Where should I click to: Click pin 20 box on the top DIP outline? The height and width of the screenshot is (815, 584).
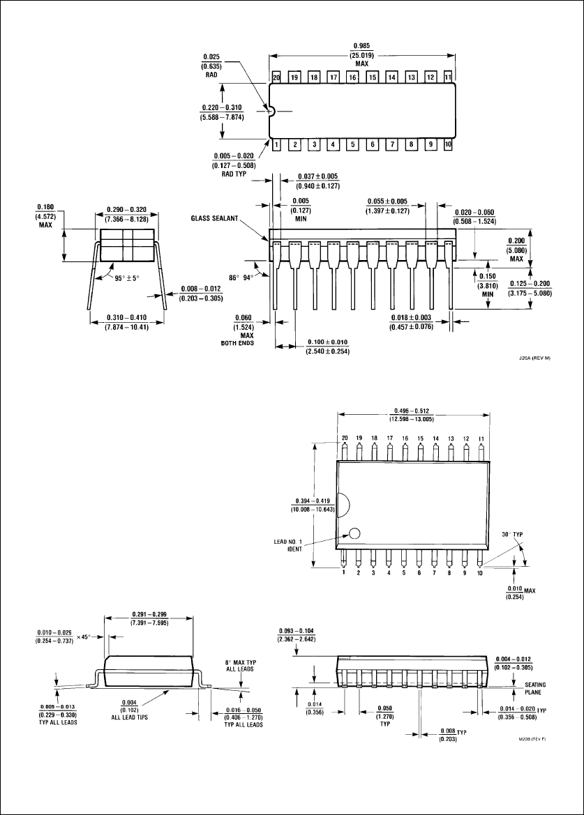point(276,77)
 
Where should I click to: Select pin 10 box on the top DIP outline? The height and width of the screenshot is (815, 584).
point(448,144)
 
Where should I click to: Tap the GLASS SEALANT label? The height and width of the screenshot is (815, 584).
point(214,218)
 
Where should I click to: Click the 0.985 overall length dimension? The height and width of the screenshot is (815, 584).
point(362,54)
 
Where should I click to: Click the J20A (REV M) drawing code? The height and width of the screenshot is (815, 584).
point(534,358)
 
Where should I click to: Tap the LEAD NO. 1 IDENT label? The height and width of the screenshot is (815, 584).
point(287,545)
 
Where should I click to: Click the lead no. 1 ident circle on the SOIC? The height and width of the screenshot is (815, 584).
point(355,533)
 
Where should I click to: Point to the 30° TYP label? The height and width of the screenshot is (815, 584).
point(512,534)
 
